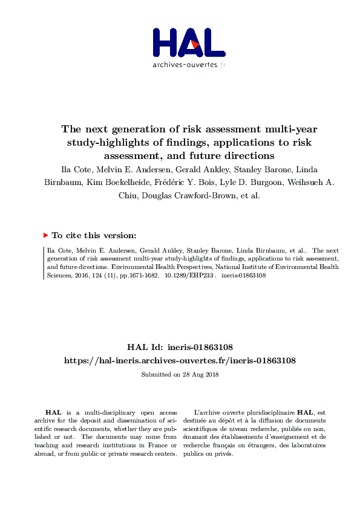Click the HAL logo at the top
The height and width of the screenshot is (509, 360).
pyautogui.click(x=189, y=42)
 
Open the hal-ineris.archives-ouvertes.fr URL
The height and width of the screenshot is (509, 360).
pyautogui.click(x=180, y=360)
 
